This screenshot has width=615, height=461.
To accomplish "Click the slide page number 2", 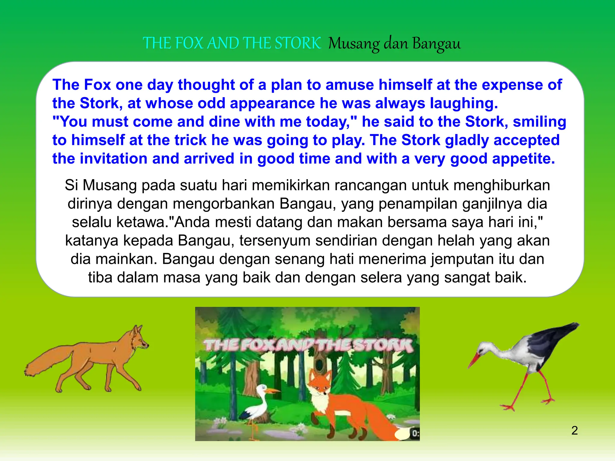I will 574,430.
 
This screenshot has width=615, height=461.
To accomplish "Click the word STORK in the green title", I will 298,43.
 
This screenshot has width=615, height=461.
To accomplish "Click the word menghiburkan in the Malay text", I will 501,185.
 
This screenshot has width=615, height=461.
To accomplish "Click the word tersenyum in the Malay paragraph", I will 275,241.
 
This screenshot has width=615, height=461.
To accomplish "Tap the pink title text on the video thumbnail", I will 308,345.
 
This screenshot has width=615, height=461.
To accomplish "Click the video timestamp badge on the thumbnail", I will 415,433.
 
